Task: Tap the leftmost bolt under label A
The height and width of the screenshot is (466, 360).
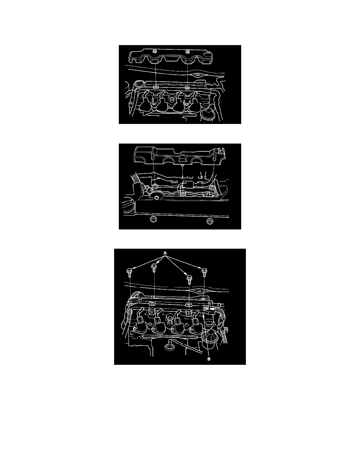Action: point(130,271)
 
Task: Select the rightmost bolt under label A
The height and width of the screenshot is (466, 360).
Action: point(204,271)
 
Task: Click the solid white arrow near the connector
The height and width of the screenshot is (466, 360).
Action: point(213,309)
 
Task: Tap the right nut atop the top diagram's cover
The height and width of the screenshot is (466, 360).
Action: point(189,51)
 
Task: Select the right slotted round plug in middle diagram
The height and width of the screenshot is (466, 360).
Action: point(209,222)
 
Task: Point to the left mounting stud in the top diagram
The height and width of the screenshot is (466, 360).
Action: point(156,87)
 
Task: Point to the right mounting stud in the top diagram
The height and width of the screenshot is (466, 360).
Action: point(187,87)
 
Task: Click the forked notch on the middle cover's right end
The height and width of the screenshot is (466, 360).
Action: point(222,150)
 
